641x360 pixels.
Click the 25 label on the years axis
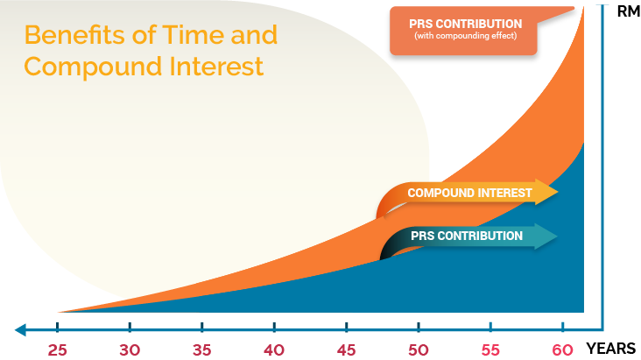coord(57,350)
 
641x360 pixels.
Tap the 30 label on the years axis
coord(130,350)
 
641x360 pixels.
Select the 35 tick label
coord(202,350)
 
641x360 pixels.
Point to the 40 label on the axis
coord(274,350)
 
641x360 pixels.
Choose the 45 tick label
coord(346,350)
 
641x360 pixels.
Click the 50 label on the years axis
coord(419,350)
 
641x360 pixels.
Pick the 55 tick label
coord(490,350)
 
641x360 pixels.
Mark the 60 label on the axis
coord(562,350)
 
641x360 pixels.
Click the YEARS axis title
coord(610,349)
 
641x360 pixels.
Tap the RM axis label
coord(629,11)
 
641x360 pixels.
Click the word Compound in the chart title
coord(93,67)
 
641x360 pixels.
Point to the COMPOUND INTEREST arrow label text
coord(469,193)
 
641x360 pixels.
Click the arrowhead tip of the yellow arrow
coord(558,192)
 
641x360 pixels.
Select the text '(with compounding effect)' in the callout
coord(465,36)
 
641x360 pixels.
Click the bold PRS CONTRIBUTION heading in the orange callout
coord(465,24)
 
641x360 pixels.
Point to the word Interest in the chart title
coord(216,67)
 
